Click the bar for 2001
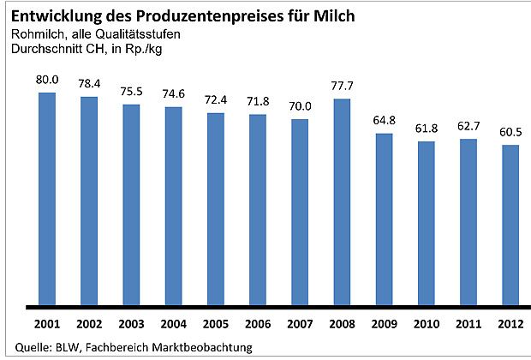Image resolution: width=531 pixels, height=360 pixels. (48, 198)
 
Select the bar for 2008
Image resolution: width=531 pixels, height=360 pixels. (342, 201)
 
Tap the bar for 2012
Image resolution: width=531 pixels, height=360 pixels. (510, 225)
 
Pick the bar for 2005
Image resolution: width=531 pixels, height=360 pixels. (216, 208)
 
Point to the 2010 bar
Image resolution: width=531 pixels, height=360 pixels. (426, 223)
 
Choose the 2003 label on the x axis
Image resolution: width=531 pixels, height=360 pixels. (132, 327)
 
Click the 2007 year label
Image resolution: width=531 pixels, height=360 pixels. (300, 327)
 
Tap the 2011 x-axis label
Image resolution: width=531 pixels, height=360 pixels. (468, 327)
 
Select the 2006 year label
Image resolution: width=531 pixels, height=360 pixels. (258, 327)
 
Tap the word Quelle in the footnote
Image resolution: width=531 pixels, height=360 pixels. (23, 347)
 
